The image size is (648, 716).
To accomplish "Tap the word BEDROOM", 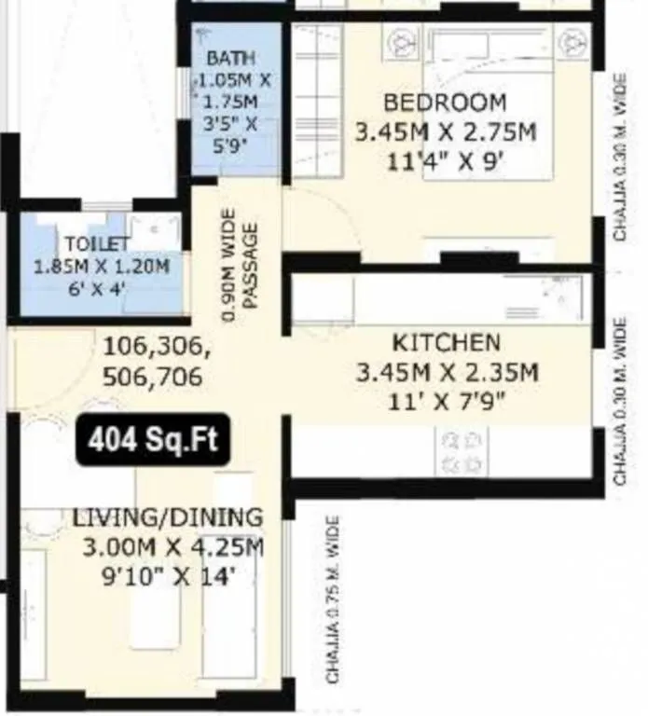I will point(446,102).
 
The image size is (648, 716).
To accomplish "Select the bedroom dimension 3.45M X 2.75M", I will point(446,132).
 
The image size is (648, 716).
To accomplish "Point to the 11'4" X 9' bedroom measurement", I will point(446,161).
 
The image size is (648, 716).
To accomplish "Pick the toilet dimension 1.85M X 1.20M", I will point(102,266).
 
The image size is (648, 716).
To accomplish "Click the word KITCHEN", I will point(446,342).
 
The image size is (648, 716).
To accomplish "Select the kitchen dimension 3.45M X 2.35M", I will point(447,373).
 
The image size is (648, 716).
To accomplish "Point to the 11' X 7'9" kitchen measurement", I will point(447,403).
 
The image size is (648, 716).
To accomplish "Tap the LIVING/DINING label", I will point(168,516).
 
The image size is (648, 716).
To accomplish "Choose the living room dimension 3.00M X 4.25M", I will point(168,546).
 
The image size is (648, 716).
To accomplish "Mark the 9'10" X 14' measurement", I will point(168,576).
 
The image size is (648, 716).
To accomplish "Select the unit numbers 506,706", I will point(154,379).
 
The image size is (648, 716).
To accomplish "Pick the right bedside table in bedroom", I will point(568,42).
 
